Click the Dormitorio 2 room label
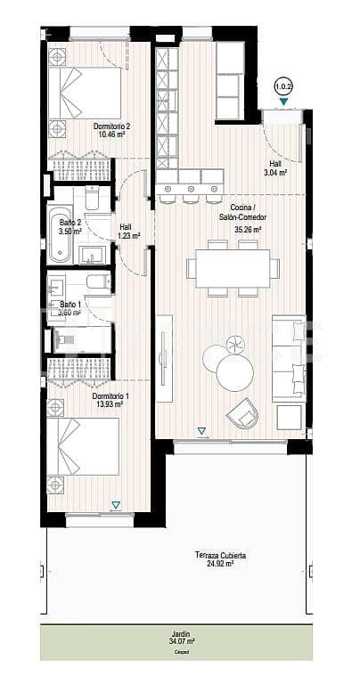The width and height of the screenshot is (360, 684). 112,126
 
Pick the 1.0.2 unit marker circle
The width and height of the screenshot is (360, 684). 283,86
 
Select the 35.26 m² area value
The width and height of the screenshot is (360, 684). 247,229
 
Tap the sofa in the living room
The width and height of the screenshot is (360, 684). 289,356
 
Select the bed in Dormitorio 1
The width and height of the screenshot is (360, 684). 84,453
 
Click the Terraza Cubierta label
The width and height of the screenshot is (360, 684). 220,556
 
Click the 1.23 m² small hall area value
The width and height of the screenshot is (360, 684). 126,235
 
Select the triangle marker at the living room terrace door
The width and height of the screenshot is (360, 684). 201,432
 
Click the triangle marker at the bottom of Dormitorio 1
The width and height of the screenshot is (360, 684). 115,505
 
